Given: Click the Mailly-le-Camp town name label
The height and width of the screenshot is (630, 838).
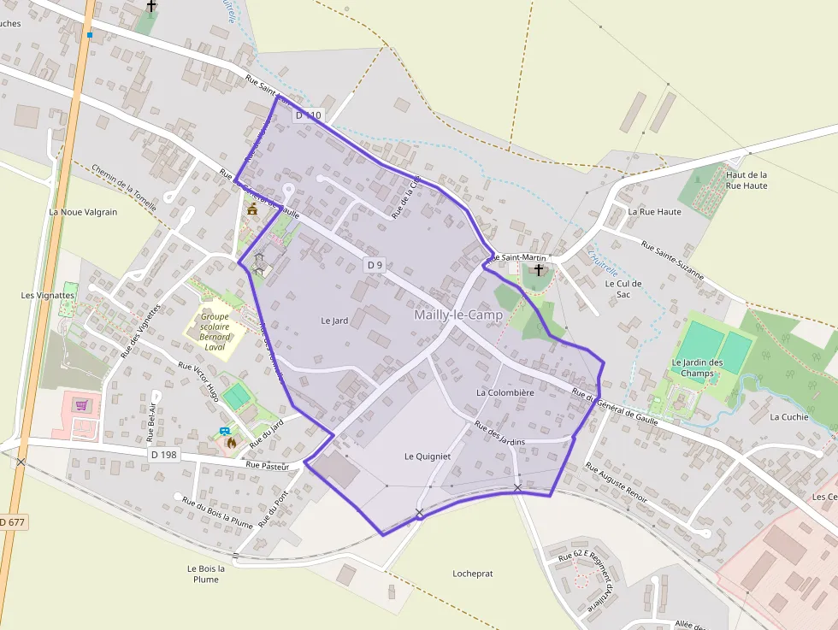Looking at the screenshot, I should (458, 315).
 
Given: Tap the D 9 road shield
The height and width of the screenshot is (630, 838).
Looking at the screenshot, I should (375, 265).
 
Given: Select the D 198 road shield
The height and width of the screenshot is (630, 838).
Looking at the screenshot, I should (163, 455).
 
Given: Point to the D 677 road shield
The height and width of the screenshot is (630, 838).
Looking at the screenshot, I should (13, 521).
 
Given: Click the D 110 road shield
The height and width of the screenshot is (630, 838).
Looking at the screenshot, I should (309, 115).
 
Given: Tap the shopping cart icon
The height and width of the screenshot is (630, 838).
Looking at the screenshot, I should (82, 405).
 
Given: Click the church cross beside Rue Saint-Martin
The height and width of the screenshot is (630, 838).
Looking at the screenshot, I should (538, 271).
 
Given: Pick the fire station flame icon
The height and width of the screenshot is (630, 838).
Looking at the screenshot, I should (231, 442).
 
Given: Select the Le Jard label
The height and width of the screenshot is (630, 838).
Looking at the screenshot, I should (334, 321).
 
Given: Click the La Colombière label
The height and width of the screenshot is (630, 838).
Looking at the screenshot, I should (505, 392).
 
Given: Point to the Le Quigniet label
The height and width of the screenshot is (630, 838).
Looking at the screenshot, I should (428, 456).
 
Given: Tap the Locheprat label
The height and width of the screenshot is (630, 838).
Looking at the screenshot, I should (473, 574).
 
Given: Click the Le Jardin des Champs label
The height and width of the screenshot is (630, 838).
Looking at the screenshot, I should (697, 368).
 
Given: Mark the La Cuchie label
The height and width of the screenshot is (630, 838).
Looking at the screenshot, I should (789, 417).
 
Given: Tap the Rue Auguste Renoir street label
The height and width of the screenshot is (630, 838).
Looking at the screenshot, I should (616, 484).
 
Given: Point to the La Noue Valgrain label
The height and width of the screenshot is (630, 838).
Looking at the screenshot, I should (83, 212).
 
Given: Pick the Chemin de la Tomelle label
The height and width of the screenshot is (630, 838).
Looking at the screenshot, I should (124, 187).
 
